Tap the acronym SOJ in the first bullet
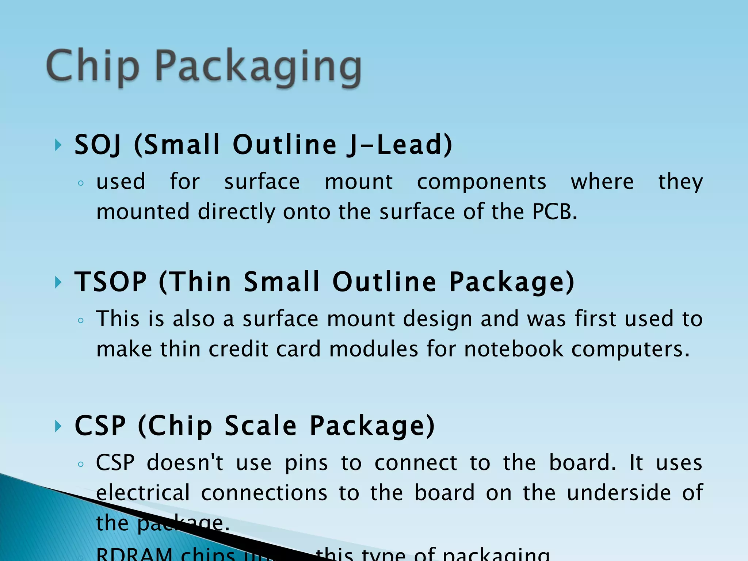click(98, 145)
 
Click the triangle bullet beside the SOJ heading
click(58, 145)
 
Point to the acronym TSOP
click(111, 282)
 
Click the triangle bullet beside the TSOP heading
click(58, 282)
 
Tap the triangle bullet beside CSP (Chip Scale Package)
click(58, 426)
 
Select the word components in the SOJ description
click(482, 182)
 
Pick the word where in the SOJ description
click(602, 182)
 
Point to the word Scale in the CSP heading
click(260, 426)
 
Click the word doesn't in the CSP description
click(185, 463)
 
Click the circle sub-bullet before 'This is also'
click(81, 321)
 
